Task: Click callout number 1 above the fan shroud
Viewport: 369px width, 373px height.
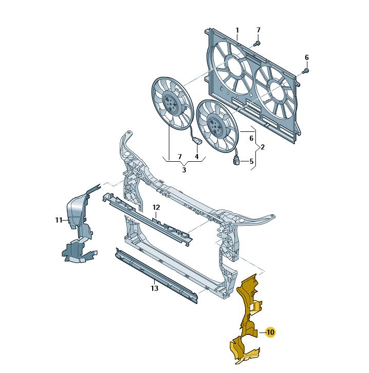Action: tap(237, 30)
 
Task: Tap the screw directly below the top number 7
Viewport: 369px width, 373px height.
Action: tap(257, 43)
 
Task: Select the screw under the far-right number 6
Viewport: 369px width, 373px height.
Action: tap(306, 71)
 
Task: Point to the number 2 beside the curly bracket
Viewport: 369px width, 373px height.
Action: tap(263, 147)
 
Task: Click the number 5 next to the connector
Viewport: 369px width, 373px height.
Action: tap(251, 162)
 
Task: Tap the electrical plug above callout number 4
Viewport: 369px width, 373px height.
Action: tap(197, 141)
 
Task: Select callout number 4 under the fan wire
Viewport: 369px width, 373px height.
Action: tap(197, 157)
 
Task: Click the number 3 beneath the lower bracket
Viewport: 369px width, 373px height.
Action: tap(184, 170)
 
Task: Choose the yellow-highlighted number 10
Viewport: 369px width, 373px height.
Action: tap(270, 332)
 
